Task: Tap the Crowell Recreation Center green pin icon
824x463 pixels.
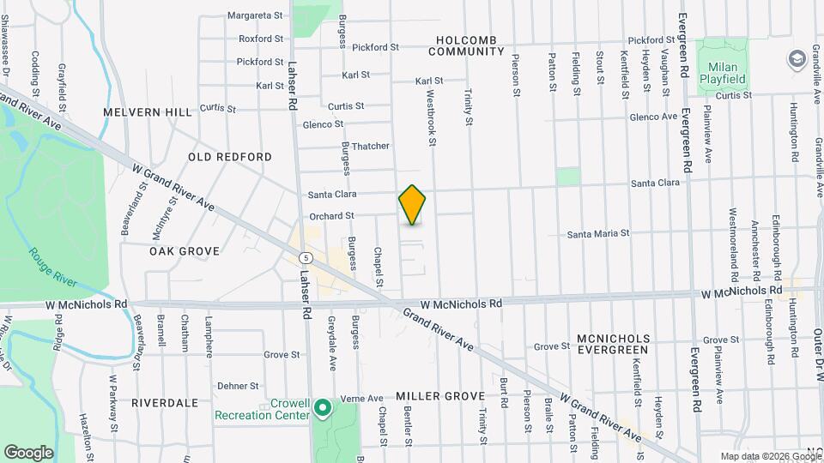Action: point(323,407)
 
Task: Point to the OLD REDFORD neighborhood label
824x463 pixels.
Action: point(230,157)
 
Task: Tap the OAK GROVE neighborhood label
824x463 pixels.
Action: point(185,251)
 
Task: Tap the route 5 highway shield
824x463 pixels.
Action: point(306,257)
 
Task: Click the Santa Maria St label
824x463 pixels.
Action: point(598,233)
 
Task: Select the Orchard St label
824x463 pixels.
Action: point(331,216)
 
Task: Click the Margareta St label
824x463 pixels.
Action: point(255,15)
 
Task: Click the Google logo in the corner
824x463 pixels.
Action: point(29,452)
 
